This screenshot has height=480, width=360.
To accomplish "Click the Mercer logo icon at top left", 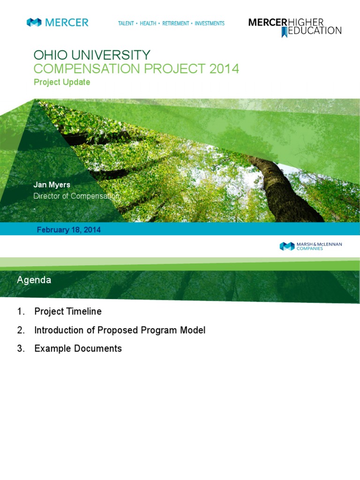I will [34, 22].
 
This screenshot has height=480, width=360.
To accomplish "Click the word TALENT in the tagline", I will [126, 23].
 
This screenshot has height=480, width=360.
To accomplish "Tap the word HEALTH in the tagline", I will [148, 23].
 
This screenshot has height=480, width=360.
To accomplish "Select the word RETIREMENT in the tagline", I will [176, 23].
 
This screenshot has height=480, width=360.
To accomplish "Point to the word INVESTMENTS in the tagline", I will [210, 23].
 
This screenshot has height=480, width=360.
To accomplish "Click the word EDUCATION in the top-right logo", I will [315, 31].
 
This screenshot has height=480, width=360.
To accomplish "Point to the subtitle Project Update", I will [62, 82].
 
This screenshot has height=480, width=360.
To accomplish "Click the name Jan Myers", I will [52, 185].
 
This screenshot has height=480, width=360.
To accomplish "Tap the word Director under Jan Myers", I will [47, 196].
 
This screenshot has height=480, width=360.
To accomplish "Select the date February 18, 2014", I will [69, 230].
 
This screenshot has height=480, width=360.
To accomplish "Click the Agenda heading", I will [34, 280].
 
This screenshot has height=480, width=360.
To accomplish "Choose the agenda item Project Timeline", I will [68, 311].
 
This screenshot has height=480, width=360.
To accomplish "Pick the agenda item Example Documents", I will [78, 348].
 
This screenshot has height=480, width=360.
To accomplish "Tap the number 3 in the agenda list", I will [20, 348].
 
